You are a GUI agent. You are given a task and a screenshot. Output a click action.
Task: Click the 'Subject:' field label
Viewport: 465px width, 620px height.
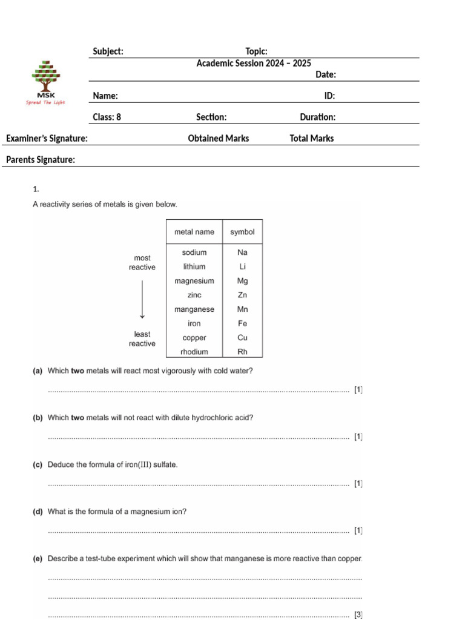[x=108, y=51]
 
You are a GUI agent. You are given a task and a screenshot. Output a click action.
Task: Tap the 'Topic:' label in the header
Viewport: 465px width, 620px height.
[x=256, y=51]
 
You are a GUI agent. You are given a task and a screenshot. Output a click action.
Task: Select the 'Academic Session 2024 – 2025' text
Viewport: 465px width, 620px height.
[x=254, y=63]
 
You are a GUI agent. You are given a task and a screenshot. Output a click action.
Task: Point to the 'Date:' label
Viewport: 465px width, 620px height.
[x=326, y=74]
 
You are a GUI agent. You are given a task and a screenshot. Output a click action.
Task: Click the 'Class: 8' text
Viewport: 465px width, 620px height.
[x=107, y=117]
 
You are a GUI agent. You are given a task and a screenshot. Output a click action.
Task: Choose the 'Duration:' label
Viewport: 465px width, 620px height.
[x=317, y=117]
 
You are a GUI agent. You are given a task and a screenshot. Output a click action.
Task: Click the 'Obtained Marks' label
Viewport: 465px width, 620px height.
[x=218, y=138]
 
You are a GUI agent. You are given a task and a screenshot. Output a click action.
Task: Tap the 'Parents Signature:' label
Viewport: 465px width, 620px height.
[x=41, y=160]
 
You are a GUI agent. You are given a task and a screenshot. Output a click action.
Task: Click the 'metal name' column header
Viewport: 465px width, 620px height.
[x=194, y=232]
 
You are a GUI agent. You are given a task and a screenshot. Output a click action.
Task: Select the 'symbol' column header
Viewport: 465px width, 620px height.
[x=242, y=232]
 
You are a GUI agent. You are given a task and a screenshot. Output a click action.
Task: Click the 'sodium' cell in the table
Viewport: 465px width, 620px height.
[x=194, y=252]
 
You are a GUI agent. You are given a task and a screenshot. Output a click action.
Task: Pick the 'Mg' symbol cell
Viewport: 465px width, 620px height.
[x=242, y=281]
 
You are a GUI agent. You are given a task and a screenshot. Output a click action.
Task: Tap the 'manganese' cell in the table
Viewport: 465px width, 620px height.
[x=194, y=309]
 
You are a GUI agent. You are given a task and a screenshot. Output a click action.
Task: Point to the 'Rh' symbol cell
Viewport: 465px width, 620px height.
[x=242, y=352]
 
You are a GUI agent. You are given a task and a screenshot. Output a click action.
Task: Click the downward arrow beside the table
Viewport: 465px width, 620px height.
[x=142, y=299]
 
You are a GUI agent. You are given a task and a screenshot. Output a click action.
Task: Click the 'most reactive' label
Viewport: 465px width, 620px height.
[x=142, y=263]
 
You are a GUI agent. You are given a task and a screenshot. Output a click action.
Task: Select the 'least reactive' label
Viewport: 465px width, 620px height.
[x=142, y=339]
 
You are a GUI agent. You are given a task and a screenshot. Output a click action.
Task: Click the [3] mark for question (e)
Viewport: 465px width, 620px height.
[x=358, y=615]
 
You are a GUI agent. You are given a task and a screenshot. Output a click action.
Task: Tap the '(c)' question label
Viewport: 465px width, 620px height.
[x=38, y=465]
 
